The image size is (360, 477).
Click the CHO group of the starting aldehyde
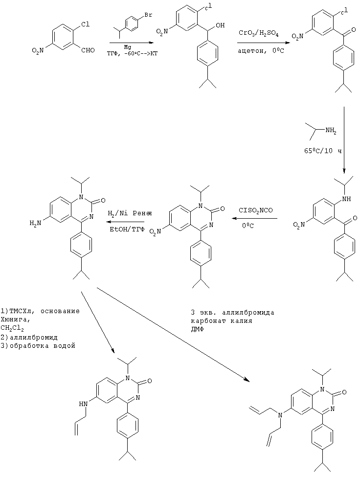(x=88, y=50)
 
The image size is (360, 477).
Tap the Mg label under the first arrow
(x=127, y=47)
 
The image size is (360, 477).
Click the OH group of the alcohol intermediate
(x=220, y=25)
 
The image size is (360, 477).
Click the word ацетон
(x=250, y=51)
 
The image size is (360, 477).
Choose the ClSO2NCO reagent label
(x=256, y=210)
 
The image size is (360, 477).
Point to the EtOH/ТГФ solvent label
(x=127, y=229)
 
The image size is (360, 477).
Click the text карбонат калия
(x=222, y=320)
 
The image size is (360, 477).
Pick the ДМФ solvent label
(x=197, y=329)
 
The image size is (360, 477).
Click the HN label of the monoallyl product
(x=83, y=404)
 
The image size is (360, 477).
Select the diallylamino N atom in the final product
(x=280, y=415)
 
